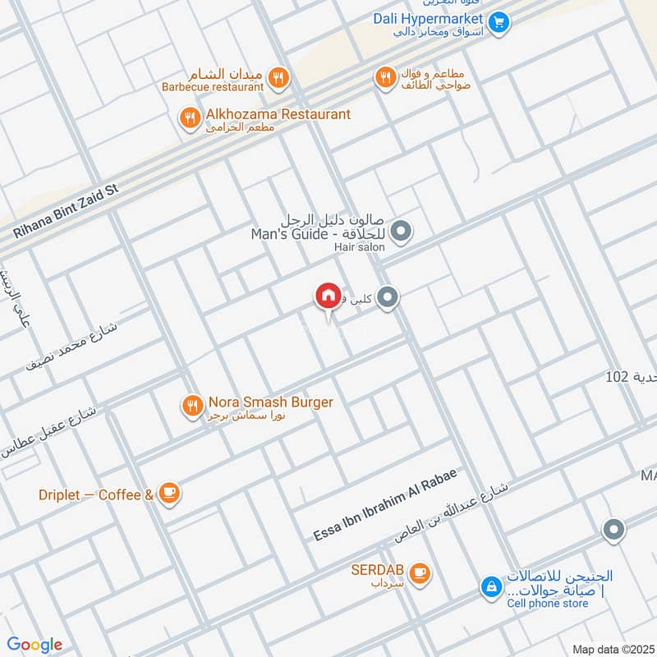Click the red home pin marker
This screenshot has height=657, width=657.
click(x=327, y=296)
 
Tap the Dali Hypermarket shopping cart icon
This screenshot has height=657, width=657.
click(x=498, y=22)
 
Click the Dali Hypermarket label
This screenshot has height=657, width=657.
click(x=426, y=17)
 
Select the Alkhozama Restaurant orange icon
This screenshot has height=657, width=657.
click(x=190, y=119)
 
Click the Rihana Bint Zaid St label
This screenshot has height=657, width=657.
click(x=66, y=211)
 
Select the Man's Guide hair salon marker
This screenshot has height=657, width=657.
click(x=401, y=232)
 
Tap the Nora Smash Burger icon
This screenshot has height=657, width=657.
click(x=192, y=404)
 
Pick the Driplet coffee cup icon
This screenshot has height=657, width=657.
click(x=169, y=493)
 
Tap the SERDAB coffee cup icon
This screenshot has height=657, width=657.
click(x=420, y=573)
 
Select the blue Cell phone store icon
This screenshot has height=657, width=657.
click(x=490, y=588)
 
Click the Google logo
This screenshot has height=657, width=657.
click(x=34, y=645)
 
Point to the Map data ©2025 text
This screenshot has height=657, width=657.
click(x=612, y=649)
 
